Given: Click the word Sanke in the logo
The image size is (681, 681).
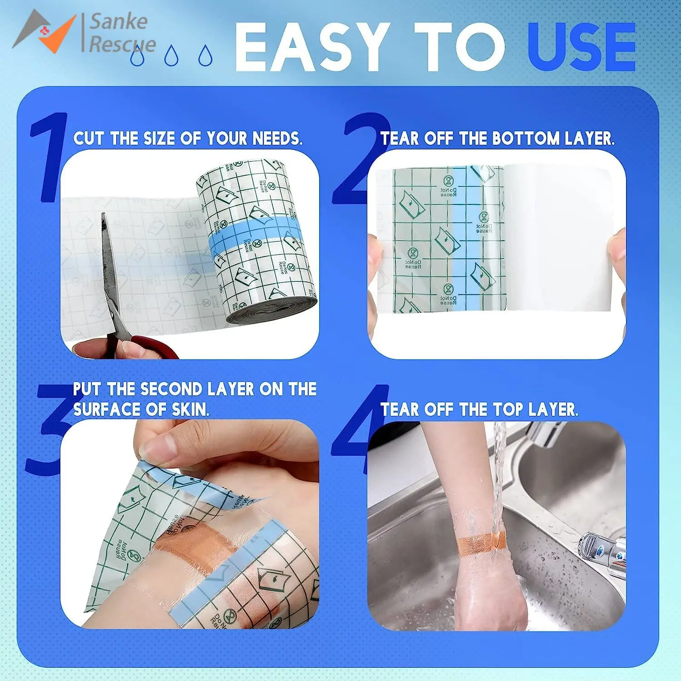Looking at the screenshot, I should [118, 22].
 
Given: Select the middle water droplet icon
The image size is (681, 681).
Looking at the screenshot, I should [171, 55].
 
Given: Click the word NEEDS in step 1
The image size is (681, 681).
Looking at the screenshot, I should [277, 138].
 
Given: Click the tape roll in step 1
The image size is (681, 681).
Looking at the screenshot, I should [259, 241].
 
